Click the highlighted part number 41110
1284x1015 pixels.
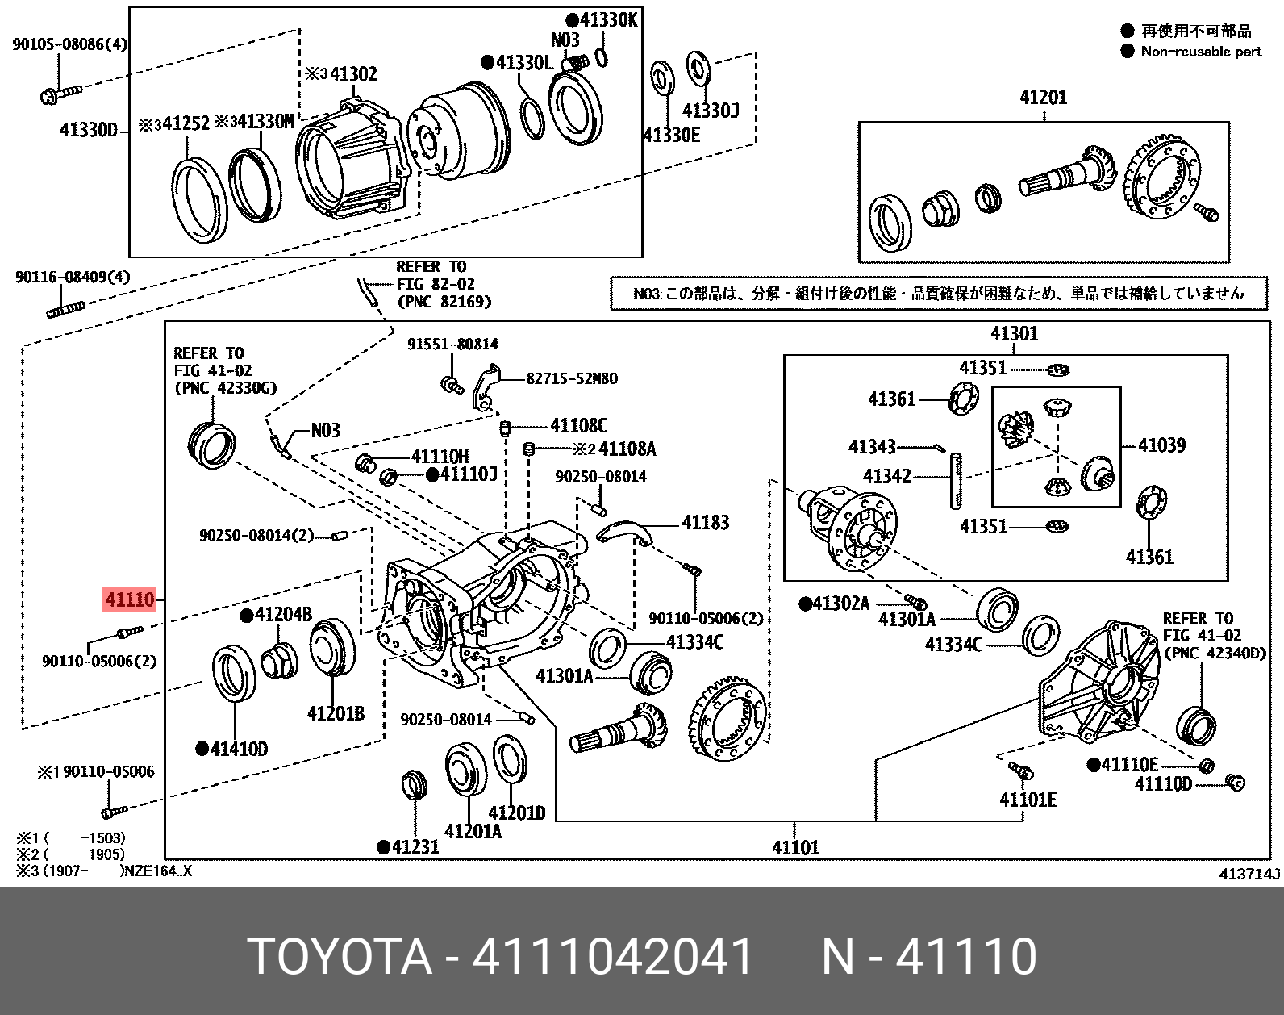pyautogui.click(x=129, y=600)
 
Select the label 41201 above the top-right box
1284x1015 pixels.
pyautogui.click(x=1043, y=98)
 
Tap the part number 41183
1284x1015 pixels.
pyautogui.click(x=705, y=523)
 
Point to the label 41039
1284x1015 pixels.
pyautogui.click(x=1161, y=445)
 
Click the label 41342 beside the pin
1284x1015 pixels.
pyautogui.click(x=886, y=476)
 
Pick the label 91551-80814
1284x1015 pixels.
pyautogui.click(x=452, y=344)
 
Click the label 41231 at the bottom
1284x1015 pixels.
pyautogui.click(x=415, y=846)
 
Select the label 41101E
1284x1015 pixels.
pyautogui.click(x=1028, y=800)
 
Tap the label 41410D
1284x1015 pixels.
pyautogui.click(x=238, y=749)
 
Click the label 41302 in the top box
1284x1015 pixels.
pyautogui.click(x=352, y=74)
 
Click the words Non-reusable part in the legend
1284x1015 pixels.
pyautogui.click(x=1201, y=52)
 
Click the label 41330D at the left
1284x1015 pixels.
pyautogui.click(x=89, y=130)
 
